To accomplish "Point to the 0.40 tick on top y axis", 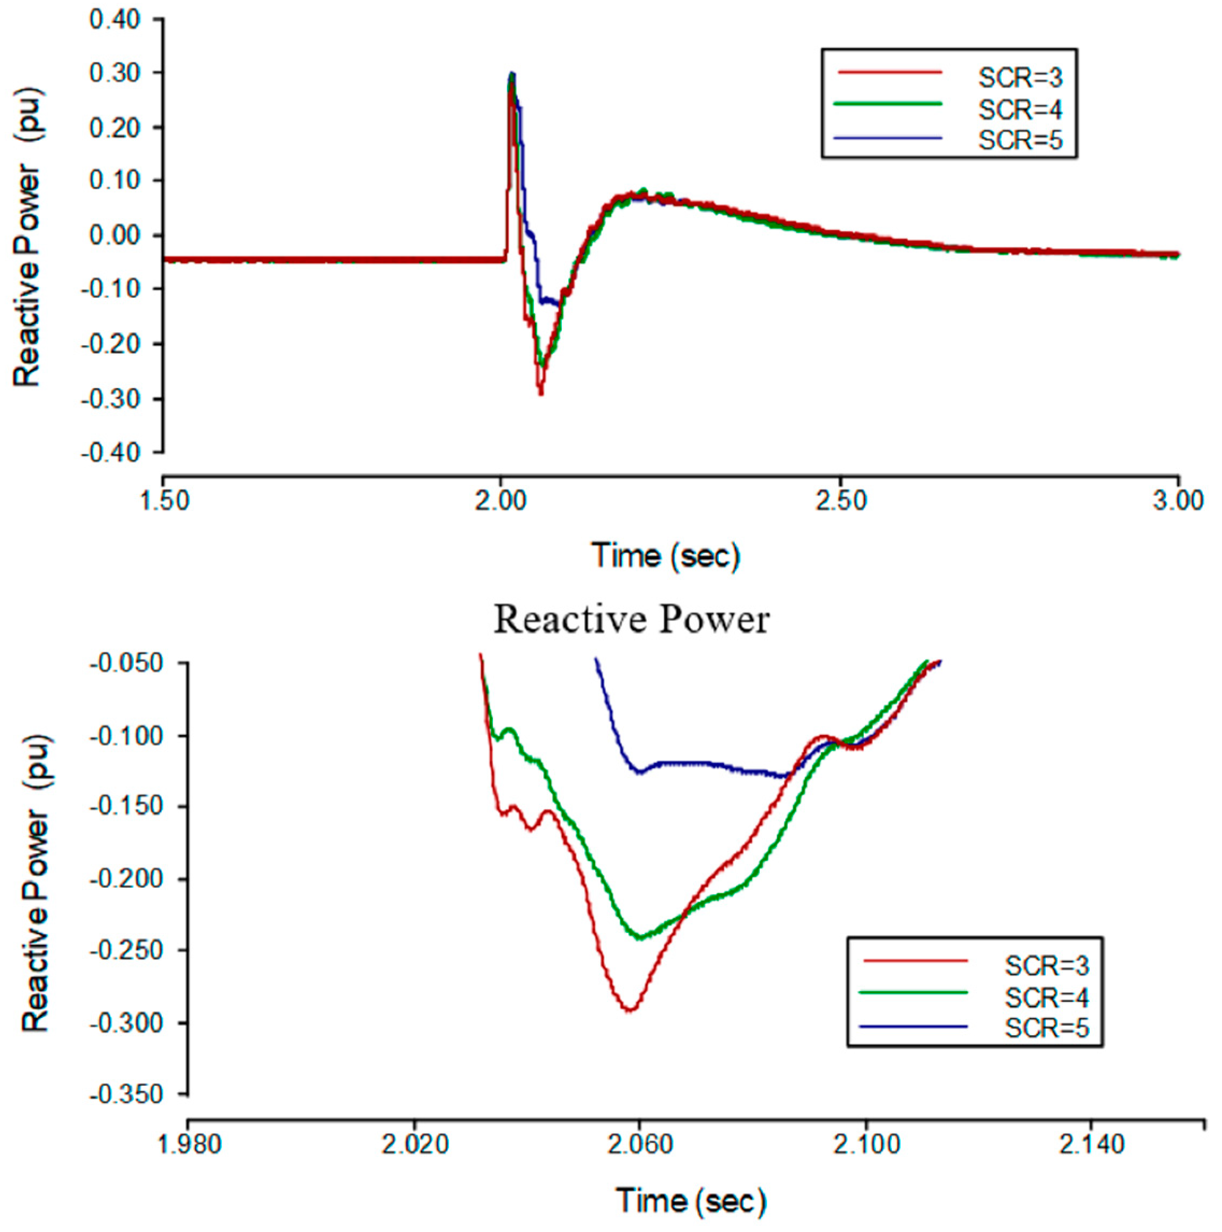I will (x=115, y=20).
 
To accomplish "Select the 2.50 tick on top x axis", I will (x=841, y=501).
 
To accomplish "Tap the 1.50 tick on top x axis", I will (x=164, y=501).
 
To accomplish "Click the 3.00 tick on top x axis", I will (x=1178, y=501).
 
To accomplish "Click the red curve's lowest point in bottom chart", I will (x=630, y=1010).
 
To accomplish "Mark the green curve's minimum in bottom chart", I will (x=640, y=937).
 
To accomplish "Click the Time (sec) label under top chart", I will (x=666, y=556).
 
